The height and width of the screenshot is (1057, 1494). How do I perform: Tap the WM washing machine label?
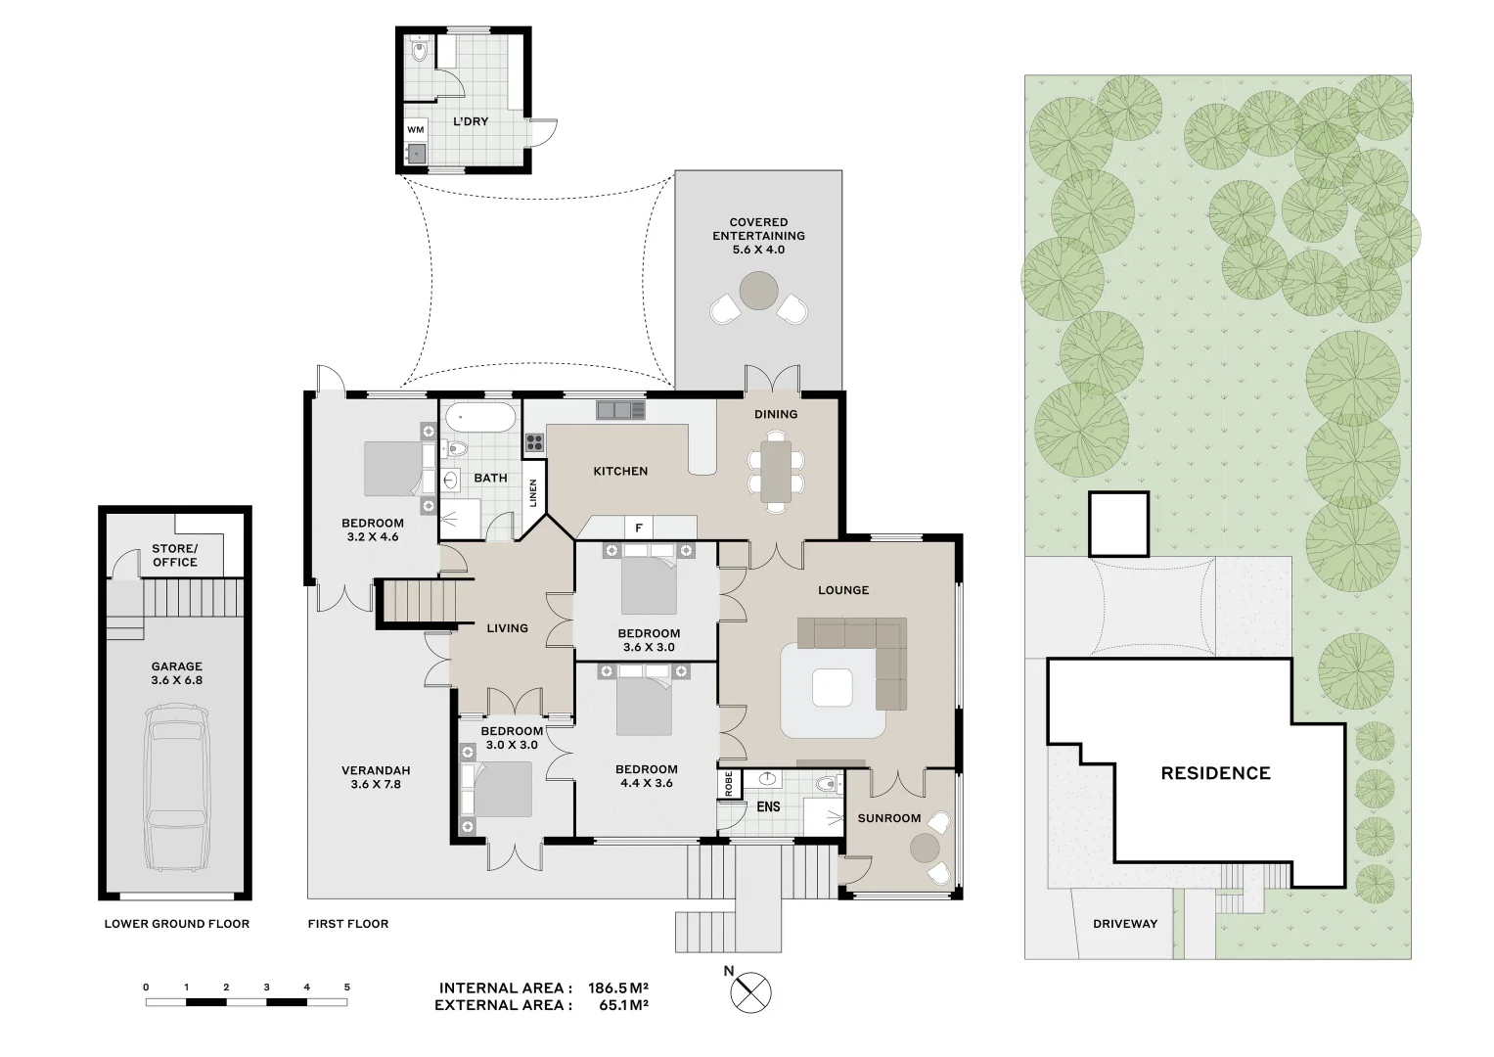pos(415,129)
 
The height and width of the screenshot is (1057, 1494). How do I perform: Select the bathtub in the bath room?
pos(479,419)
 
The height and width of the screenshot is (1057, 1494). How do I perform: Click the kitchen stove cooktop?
pos(534,442)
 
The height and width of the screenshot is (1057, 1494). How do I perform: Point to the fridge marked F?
pos(638,528)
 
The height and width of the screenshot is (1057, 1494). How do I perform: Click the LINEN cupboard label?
pos(533,492)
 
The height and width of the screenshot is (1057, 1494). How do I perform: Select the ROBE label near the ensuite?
pos(729,784)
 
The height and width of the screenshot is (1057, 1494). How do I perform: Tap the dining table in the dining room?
pos(776,471)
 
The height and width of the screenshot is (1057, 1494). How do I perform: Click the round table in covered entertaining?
pos(758,290)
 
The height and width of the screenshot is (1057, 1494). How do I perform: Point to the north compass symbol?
pos(750,991)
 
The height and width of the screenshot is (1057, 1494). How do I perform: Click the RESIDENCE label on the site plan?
pos(1215,773)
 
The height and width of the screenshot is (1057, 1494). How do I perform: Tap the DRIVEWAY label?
pos(1124,924)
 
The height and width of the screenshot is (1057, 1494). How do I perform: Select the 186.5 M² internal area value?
pos(619,988)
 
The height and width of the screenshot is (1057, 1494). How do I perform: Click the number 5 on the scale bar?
pos(346,988)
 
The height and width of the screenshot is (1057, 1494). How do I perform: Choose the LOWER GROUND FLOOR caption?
pos(177,924)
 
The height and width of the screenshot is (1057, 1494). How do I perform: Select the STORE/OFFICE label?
pos(175,556)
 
